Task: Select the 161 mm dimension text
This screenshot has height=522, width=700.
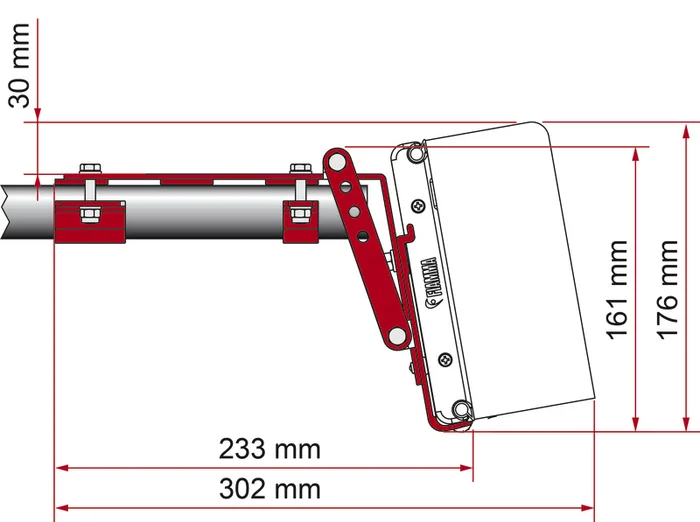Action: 618,289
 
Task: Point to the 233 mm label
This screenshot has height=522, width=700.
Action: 270,449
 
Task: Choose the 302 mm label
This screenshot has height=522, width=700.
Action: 270,488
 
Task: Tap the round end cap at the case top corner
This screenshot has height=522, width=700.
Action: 413,153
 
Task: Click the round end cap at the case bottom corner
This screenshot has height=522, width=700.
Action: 459,409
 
